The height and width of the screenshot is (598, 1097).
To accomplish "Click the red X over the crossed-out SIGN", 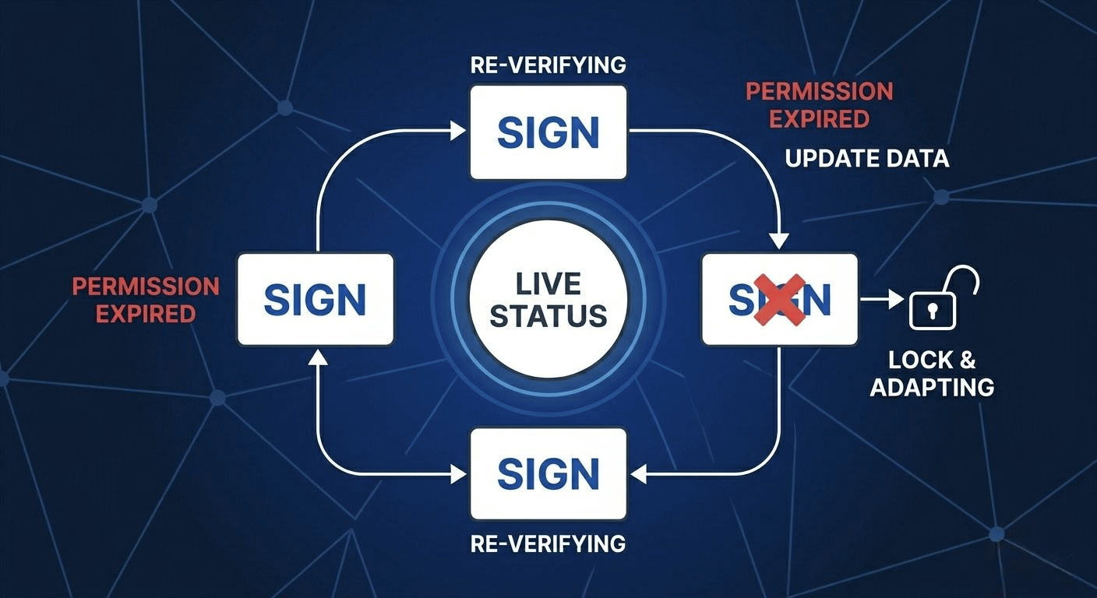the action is (x=780, y=299).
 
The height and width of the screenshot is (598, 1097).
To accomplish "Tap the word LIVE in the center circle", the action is (x=548, y=283).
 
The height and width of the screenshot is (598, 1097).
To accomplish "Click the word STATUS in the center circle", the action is (x=548, y=316).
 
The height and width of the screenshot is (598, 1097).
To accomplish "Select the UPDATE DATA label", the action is (x=866, y=159).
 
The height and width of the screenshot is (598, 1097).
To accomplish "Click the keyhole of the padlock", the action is (x=932, y=309).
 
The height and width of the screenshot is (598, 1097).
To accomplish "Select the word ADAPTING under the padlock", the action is (x=932, y=387).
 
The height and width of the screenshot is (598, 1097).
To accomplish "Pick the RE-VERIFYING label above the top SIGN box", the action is (x=548, y=65).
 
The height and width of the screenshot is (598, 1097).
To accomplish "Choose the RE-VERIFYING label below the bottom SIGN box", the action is (x=548, y=543).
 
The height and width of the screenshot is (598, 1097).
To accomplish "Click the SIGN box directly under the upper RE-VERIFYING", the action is (x=548, y=132).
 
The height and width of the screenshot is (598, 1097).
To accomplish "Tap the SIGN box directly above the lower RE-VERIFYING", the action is (x=548, y=473).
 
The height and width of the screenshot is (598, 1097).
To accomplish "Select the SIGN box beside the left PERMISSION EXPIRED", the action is (x=315, y=299).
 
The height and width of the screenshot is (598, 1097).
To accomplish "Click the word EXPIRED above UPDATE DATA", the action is (x=819, y=118).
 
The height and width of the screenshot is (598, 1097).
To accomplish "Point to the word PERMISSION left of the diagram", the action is (x=146, y=287).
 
